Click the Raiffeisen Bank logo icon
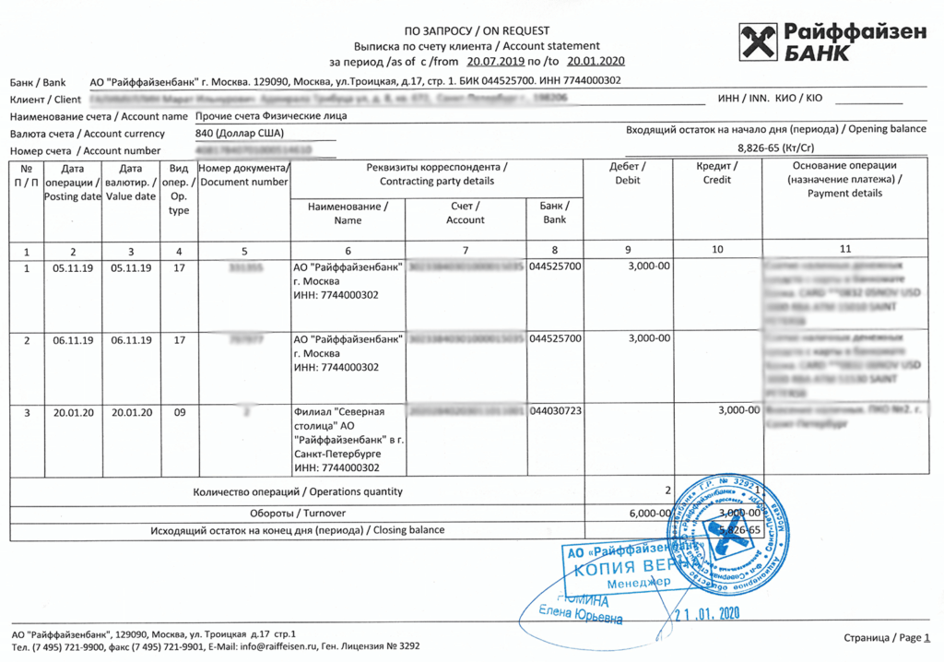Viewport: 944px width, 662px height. (758, 44)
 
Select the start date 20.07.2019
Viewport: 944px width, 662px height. (496, 62)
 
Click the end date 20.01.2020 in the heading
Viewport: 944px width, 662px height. (596, 62)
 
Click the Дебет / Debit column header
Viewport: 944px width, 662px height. (627, 172)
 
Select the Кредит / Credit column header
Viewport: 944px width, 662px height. (716, 172)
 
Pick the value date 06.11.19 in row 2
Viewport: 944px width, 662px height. (131, 339)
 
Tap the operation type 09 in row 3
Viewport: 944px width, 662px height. (179, 411)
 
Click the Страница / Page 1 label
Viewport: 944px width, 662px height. (887, 637)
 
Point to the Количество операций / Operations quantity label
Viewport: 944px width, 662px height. (298, 491)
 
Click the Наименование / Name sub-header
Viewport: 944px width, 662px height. (348, 213)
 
